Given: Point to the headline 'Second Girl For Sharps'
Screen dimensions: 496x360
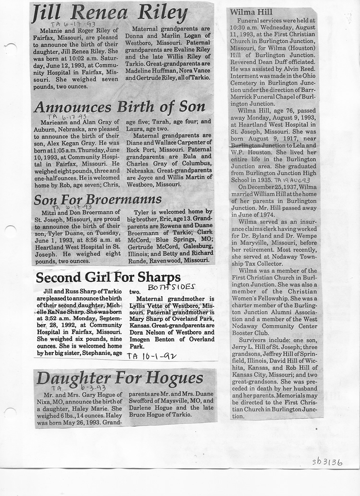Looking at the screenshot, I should click(x=108, y=277).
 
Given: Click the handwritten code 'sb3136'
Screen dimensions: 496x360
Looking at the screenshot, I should click(x=327, y=462).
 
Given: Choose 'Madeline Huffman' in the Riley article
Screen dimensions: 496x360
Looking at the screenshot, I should click(x=150, y=80).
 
